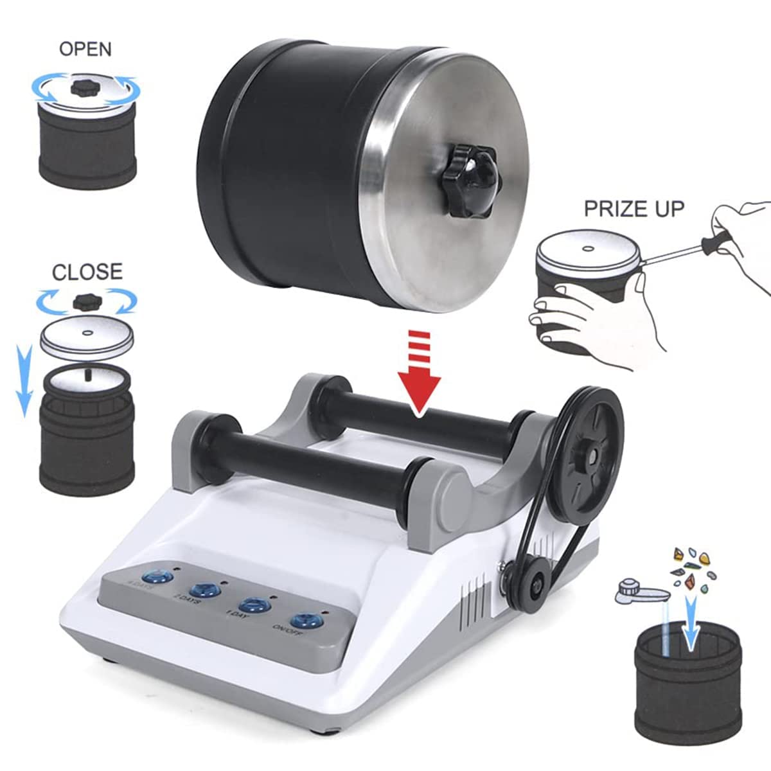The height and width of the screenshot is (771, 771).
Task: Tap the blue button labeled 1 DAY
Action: tap(254, 605)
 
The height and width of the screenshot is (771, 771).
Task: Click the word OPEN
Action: tap(85, 49)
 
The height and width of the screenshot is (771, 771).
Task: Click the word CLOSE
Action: tap(87, 272)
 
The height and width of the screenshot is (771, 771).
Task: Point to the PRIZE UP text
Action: tap(634, 209)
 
